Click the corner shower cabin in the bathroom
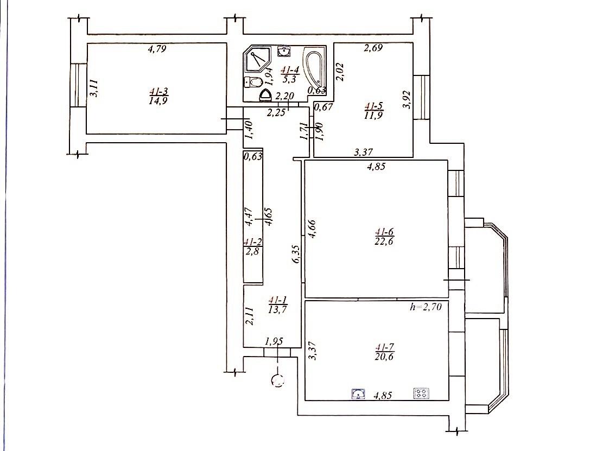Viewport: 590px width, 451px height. [258, 60]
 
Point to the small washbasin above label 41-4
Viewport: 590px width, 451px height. [284, 51]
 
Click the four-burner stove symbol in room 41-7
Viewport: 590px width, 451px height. [421, 393]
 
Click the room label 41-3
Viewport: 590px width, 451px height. [158, 91]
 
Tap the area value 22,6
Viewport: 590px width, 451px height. [384, 241]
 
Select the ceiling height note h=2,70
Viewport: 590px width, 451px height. [426, 307]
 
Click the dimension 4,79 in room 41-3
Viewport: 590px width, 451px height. [157, 48]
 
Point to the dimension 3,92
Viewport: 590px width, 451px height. [407, 99]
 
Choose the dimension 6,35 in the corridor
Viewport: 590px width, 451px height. [296, 254]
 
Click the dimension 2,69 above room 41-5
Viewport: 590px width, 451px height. [373, 48]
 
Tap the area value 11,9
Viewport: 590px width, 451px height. [373, 115]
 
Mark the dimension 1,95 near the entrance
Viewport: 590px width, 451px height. [274, 341]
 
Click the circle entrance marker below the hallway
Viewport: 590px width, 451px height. [278, 381]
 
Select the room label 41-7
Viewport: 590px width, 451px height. [384, 347]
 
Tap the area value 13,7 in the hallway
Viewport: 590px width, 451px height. [278, 309]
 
